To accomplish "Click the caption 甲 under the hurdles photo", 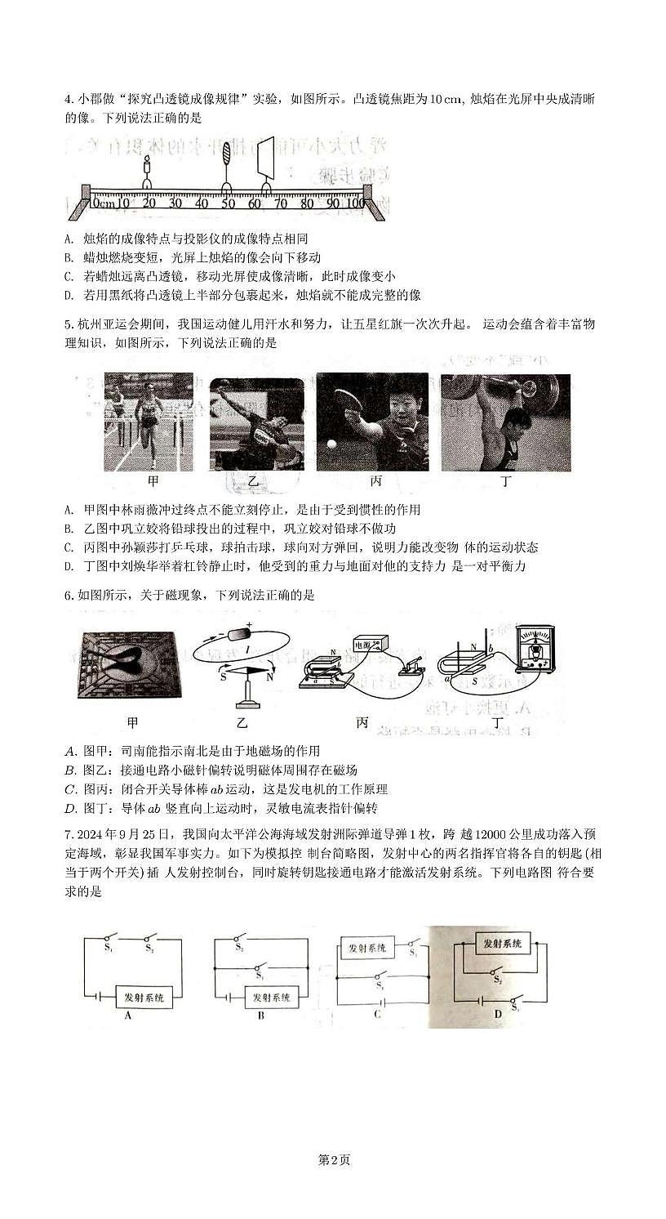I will (153, 483).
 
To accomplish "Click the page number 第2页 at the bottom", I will (333, 1159).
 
